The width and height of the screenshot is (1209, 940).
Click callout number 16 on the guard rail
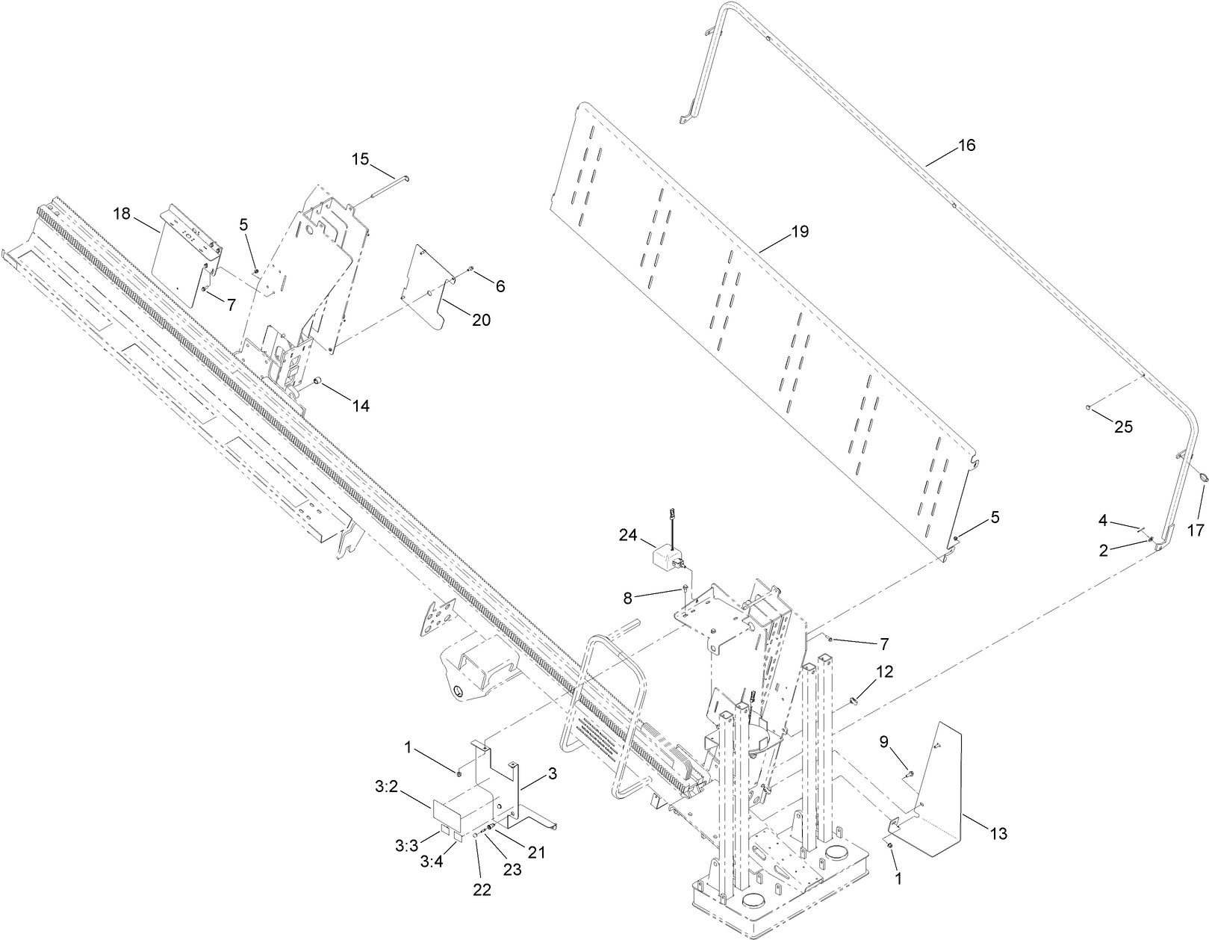pyautogui.click(x=966, y=145)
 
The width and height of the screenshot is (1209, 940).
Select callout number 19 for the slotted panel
pyautogui.click(x=799, y=232)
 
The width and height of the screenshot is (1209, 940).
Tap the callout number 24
pyautogui.click(x=628, y=534)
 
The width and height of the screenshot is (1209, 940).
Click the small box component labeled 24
pyautogui.click(x=667, y=557)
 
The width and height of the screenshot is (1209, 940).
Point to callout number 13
pyautogui.click(x=998, y=833)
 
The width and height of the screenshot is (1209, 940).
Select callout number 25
pyautogui.click(x=1123, y=427)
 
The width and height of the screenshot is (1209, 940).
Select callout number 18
pyautogui.click(x=122, y=214)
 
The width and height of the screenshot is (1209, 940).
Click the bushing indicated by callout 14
pyautogui.click(x=316, y=383)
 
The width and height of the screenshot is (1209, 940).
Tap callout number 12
pyautogui.click(x=884, y=672)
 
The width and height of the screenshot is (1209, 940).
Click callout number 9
pyautogui.click(x=883, y=742)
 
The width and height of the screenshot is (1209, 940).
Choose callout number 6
pyautogui.click(x=500, y=285)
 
